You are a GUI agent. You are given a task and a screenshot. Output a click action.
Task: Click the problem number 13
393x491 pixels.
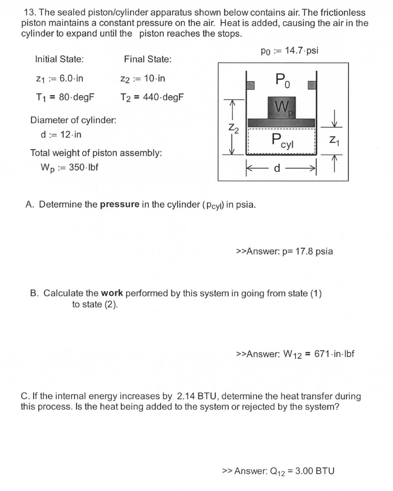30,13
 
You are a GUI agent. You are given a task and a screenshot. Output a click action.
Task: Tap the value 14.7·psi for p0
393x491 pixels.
301,51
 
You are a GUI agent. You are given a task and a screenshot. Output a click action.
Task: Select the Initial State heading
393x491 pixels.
59,59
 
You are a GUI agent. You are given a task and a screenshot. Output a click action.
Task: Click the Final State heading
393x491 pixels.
148,59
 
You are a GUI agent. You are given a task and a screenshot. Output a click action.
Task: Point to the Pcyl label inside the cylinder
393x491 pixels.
282,141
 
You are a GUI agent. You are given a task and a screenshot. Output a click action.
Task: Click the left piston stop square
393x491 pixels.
250,85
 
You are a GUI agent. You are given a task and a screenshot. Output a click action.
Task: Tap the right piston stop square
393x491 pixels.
312,85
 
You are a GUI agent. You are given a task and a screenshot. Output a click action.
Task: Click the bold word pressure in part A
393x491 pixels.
119,204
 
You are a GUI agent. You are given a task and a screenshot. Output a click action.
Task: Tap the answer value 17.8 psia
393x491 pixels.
314,251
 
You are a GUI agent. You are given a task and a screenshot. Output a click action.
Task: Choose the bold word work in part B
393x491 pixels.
112,293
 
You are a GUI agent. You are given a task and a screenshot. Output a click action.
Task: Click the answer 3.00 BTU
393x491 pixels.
315,471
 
